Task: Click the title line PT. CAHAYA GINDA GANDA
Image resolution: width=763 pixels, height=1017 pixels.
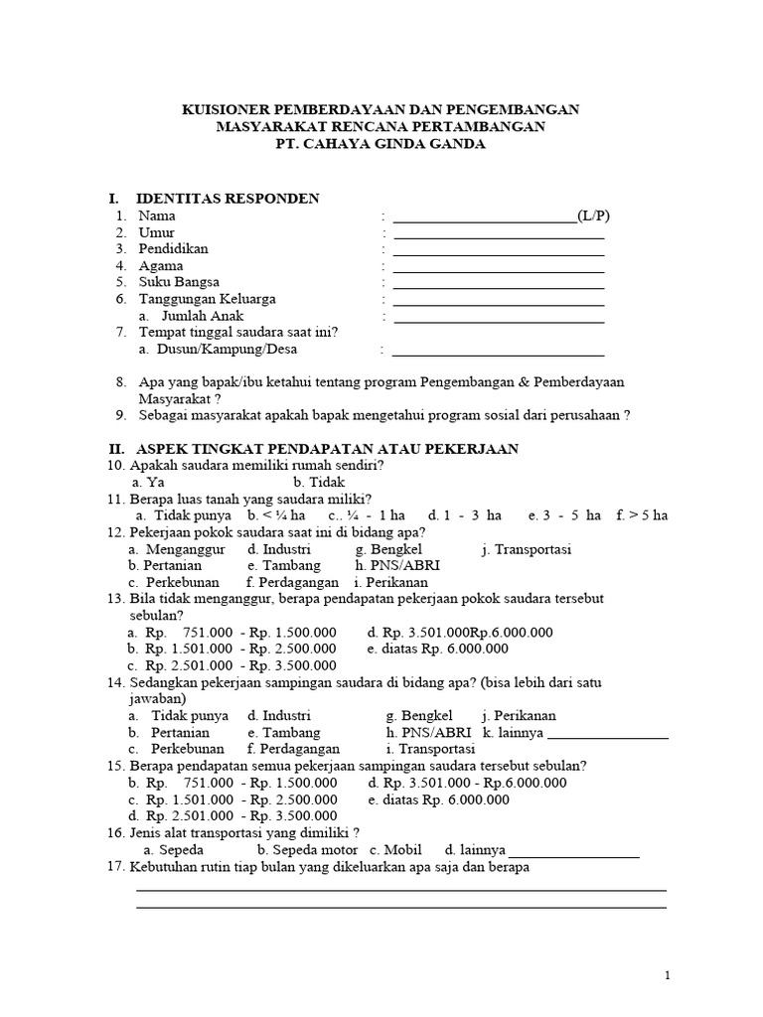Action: pyautogui.click(x=381, y=145)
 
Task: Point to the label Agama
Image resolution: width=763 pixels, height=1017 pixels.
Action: pyautogui.click(x=160, y=266)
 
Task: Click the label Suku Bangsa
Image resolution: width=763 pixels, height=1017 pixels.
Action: pyautogui.click(x=179, y=282)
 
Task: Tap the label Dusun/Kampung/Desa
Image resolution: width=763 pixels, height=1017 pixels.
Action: pyautogui.click(x=218, y=349)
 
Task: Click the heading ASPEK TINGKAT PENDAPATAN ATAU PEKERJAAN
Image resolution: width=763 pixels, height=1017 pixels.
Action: pyautogui.click(x=327, y=449)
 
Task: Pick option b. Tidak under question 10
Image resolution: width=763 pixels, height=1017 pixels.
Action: pyautogui.click(x=319, y=482)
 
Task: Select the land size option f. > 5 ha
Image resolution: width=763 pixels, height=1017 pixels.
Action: pyautogui.click(x=642, y=515)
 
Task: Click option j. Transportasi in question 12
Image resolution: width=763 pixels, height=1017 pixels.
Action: pyautogui.click(x=527, y=549)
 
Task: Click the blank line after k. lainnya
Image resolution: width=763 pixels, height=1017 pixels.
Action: pyautogui.click(x=607, y=735)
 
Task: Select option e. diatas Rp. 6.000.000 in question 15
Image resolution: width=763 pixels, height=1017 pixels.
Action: pyautogui.click(x=438, y=799)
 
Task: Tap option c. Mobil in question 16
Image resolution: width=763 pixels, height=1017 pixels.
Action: pyautogui.click(x=395, y=851)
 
